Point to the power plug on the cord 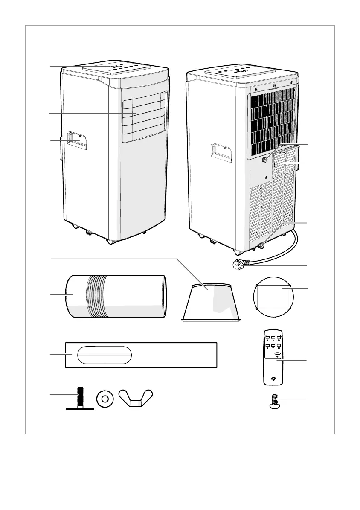coord(237,265)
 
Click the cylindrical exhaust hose coord(116,297)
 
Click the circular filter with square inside coord(273,297)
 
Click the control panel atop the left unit coord(117,69)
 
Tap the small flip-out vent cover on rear coord(285,163)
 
